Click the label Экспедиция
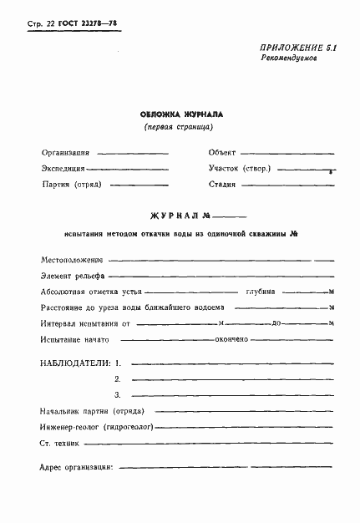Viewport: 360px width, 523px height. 67,168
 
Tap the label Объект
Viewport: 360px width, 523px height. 222,153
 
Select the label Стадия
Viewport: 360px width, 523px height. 223,183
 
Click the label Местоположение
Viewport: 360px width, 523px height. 71,261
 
